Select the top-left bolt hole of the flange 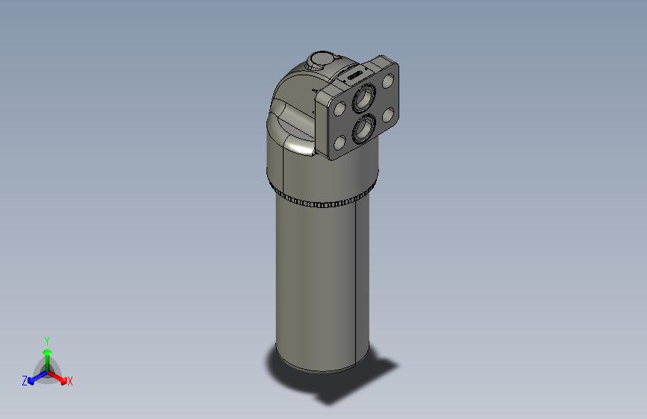[340, 110]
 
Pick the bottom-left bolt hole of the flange [340, 143]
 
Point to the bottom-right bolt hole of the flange [387, 116]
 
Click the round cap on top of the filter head [322, 59]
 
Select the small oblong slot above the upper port [353, 75]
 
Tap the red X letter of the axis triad [69, 381]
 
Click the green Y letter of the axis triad [47, 340]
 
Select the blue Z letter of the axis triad [25, 381]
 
